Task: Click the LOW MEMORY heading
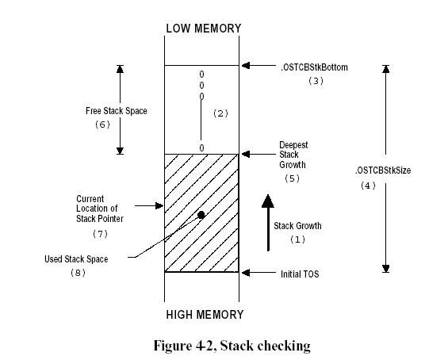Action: tap(204, 29)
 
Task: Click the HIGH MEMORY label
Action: tap(205, 315)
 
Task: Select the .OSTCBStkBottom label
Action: tap(315, 67)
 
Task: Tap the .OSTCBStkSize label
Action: tap(383, 170)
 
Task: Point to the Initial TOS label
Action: tap(300, 274)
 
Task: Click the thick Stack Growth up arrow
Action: tap(268, 223)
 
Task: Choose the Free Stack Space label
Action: tap(117, 111)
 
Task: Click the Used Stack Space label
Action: tap(76, 259)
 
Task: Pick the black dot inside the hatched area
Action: tap(201, 215)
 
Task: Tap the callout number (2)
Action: tap(221, 113)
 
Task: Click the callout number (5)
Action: tap(292, 178)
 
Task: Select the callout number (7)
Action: tap(100, 234)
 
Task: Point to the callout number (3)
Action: tap(316, 81)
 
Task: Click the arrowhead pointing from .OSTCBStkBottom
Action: tap(246, 66)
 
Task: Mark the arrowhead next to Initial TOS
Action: tap(246, 273)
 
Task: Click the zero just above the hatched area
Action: tap(201, 148)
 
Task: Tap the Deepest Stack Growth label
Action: tap(293, 155)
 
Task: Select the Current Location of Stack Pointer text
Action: tap(100, 209)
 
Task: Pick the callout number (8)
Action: tap(78, 273)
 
